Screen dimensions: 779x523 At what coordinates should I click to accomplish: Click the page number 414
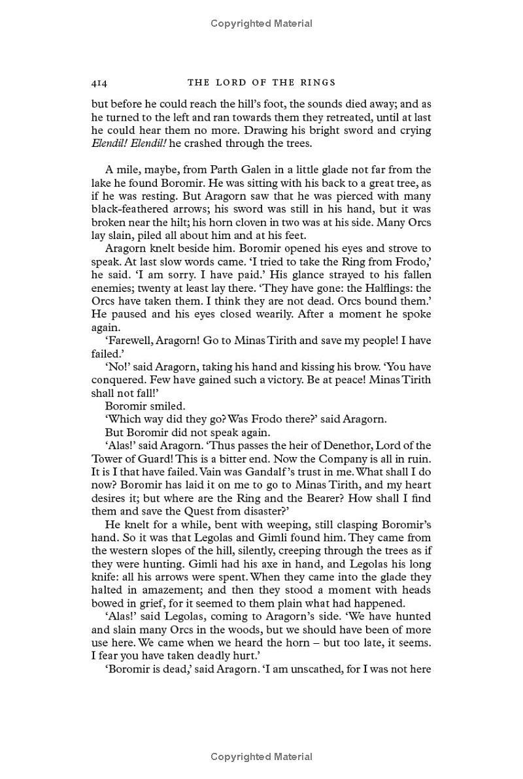coord(99,83)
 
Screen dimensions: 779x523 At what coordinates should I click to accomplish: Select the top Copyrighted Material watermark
coord(261,24)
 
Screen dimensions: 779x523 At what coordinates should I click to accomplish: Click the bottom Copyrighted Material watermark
coord(261,757)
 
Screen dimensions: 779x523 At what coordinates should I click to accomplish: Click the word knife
coord(105,577)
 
